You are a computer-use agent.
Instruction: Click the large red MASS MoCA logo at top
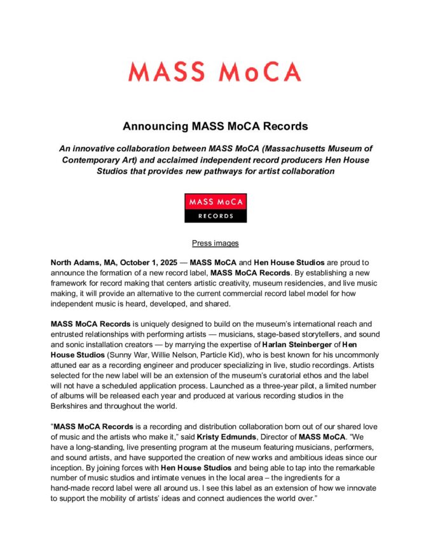[215, 71]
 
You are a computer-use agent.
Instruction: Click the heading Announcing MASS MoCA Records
[215, 126]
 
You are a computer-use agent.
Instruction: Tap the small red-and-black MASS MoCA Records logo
[215, 208]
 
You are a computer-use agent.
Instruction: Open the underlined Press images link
[215, 243]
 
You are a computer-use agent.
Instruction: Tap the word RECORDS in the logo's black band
[215, 216]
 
